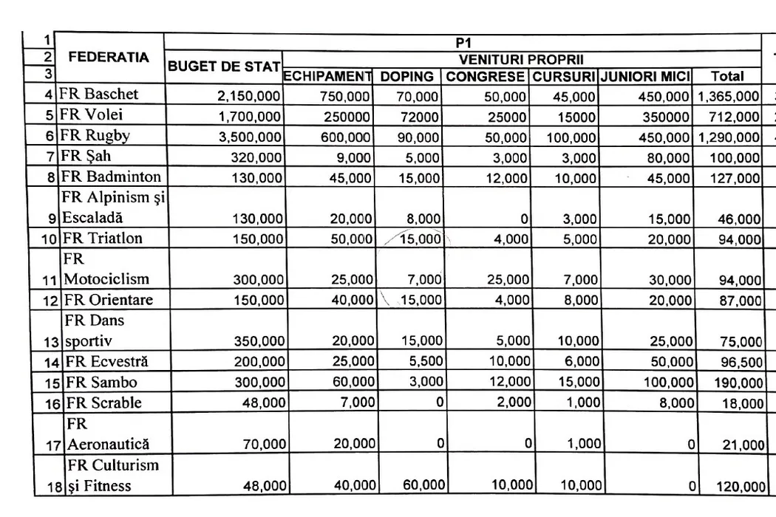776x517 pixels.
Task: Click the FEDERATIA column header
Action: pos(109,56)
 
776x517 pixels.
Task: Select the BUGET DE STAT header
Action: pos(223,66)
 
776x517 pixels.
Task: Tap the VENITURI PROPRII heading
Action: pos(522,58)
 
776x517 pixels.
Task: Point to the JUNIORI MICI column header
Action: pos(645,76)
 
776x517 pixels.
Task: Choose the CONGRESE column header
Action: pos(485,76)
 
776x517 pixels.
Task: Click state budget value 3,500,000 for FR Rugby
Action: pos(249,137)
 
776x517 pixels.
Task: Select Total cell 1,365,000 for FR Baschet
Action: pos(728,96)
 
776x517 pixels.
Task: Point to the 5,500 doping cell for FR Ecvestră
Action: pos(426,363)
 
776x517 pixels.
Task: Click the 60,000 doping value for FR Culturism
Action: pos(423,485)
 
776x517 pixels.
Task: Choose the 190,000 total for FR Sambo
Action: pos(738,383)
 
